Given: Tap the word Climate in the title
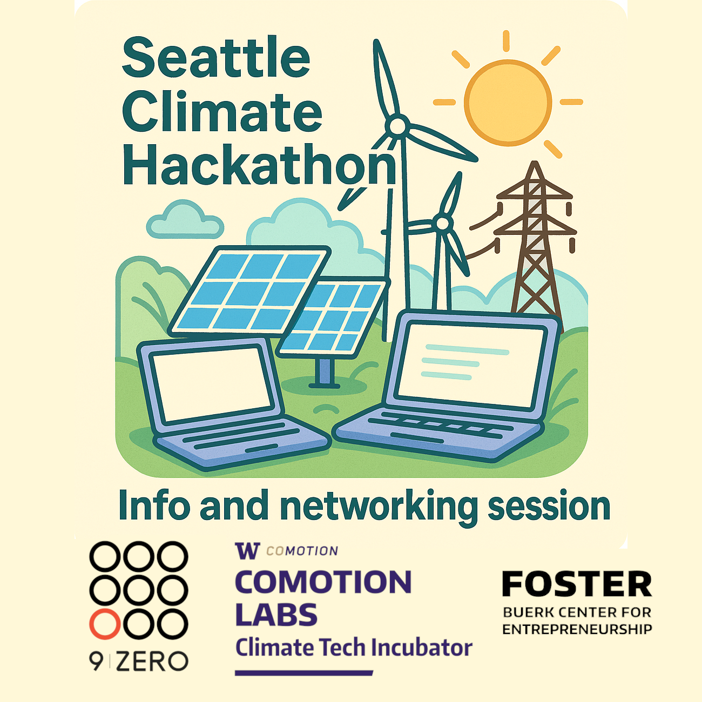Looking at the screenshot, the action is coord(222,112).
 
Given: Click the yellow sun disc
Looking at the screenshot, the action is coord(508,103).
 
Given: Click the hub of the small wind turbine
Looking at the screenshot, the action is coord(442,224).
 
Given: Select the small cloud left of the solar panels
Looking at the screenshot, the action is coord(185,220).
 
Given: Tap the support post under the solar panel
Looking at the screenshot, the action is coord(324,372).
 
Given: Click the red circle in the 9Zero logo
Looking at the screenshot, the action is coord(105,624).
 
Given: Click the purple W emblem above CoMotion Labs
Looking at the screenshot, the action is coord(247,550).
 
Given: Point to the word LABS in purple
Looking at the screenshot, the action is coord(276,615).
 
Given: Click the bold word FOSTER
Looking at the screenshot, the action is coord(577,584).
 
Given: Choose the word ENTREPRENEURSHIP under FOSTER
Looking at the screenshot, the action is coord(577,629).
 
